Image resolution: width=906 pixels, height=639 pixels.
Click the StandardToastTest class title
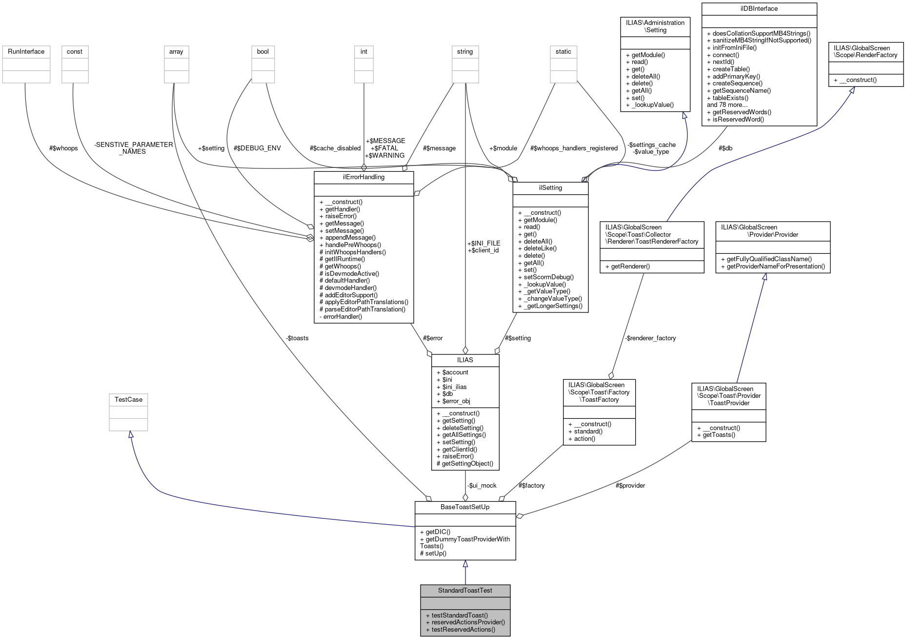coord(465,591)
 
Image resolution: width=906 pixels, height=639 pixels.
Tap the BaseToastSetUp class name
coord(465,507)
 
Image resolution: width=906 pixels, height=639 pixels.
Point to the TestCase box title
coord(128,400)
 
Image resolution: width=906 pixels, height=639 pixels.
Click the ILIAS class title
coord(465,360)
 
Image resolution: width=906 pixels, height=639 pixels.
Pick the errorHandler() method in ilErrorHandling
coord(342,317)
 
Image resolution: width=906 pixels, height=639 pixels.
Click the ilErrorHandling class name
coord(363,177)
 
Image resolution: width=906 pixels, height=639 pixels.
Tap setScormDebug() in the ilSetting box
coord(548,277)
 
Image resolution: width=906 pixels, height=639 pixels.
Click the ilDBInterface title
coord(759,9)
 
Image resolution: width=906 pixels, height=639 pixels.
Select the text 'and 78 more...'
coord(727,105)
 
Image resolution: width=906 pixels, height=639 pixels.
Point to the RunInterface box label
coord(26,52)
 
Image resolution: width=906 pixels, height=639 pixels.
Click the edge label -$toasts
coord(297,338)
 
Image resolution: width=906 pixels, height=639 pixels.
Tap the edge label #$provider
coord(630,486)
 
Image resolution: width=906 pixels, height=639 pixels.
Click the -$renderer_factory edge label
coord(650,338)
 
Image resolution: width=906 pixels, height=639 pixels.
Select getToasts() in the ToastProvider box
coord(719,435)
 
